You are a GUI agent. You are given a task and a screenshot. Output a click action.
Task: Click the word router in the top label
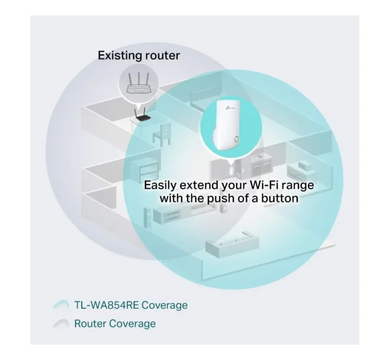[x=163, y=55]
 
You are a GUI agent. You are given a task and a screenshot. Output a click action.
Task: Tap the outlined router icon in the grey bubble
[x=139, y=84]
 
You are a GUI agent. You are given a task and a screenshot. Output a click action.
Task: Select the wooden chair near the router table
[x=162, y=135]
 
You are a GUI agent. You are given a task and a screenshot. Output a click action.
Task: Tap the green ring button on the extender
[x=237, y=139]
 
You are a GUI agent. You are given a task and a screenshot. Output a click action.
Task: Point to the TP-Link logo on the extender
[x=230, y=108]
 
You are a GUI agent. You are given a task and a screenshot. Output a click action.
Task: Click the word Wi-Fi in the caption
[x=265, y=185]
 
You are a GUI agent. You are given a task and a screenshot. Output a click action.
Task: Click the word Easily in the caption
[x=160, y=186]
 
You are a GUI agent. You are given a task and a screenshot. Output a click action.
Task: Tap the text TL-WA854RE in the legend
[x=106, y=305]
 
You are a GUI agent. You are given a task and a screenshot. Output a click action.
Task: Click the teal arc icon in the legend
[x=61, y=304]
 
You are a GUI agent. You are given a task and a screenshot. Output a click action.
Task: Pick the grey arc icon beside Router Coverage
[x=61, y=323]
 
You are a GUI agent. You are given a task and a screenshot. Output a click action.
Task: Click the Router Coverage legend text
[x=115, y=324]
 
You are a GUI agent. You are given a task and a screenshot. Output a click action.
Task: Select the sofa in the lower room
[x=232, y=244]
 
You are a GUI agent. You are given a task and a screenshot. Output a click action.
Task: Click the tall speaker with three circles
[x=147, y=218]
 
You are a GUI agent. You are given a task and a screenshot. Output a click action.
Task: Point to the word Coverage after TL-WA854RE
[x=164, y=306]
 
